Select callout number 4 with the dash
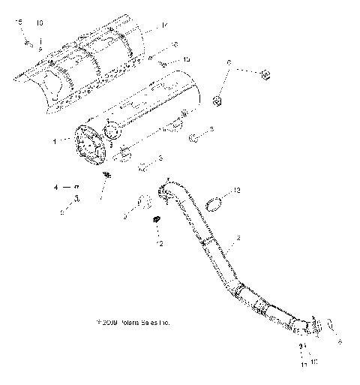pos(55,185)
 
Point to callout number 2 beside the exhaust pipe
pos(238,239)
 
